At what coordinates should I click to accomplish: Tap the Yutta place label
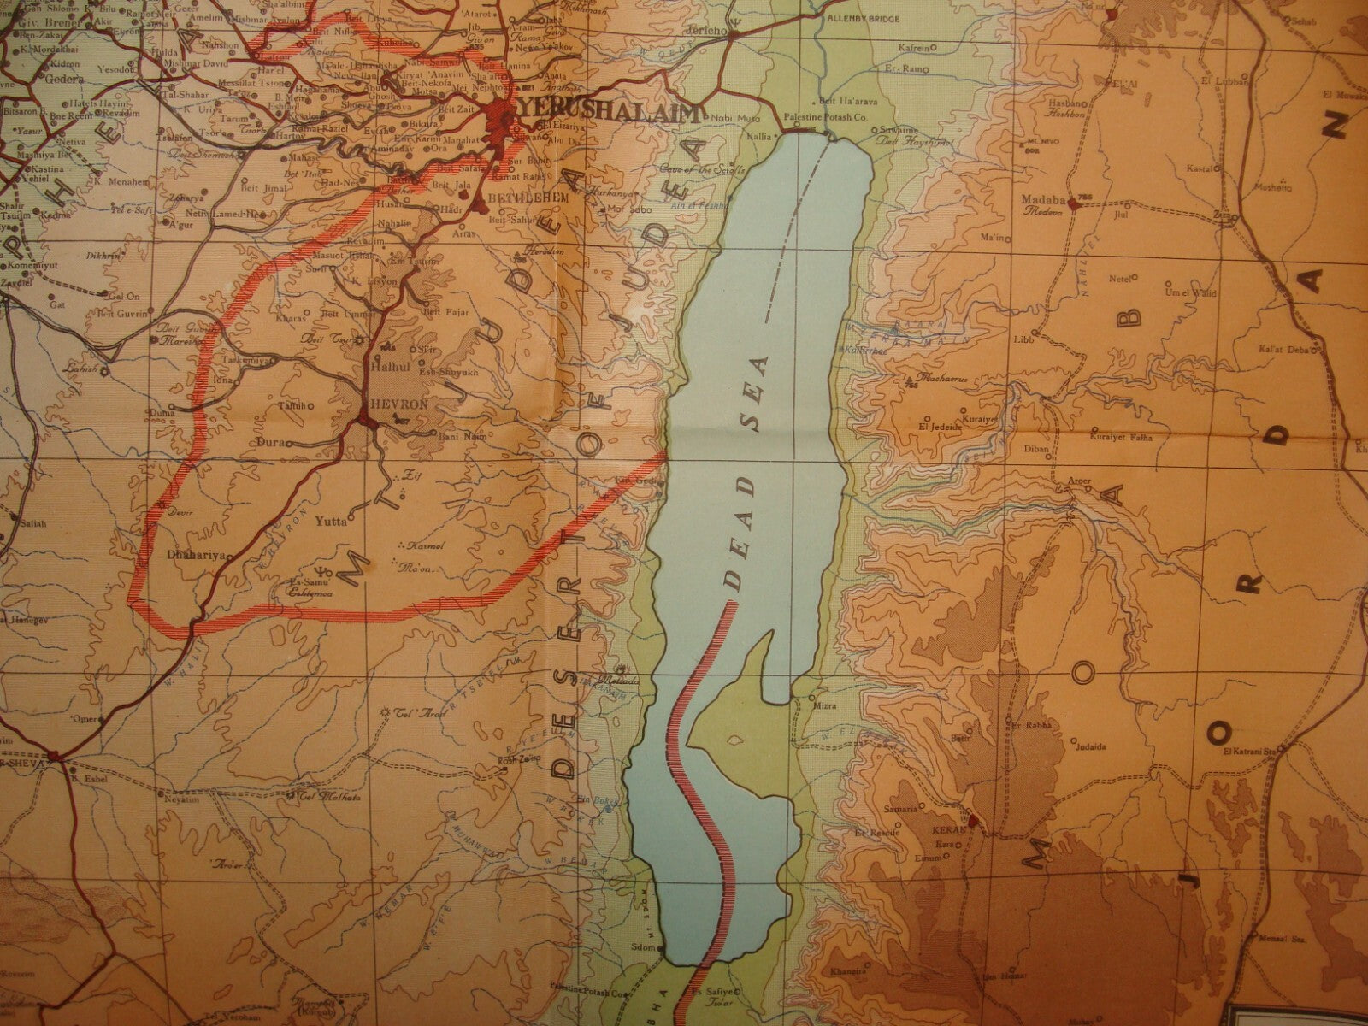click(332, 520)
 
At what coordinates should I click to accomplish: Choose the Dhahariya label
click(196, 554)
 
